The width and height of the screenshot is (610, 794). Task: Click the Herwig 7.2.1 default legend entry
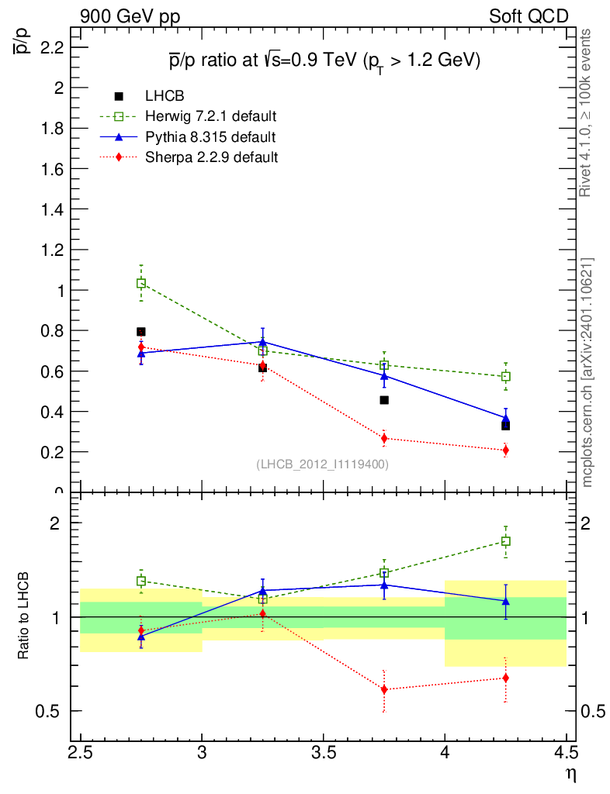point(210,116)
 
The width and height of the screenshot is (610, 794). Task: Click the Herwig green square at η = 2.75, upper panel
point(141,283)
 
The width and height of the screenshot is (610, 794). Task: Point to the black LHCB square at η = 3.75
point(384,400)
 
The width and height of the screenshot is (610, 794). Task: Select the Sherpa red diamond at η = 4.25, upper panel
point(505,450)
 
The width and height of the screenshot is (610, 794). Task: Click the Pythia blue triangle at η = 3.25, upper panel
point(262,341)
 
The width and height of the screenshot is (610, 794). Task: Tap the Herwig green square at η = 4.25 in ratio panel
point(505,541)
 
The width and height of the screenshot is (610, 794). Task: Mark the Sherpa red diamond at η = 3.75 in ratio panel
point(384,689)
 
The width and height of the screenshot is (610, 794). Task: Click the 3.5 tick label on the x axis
point(323,753)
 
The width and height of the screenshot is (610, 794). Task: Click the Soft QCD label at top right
point(529,16)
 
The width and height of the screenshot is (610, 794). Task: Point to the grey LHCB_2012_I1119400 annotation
point(322,464)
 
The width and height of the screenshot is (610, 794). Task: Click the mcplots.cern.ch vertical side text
point(587,372)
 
